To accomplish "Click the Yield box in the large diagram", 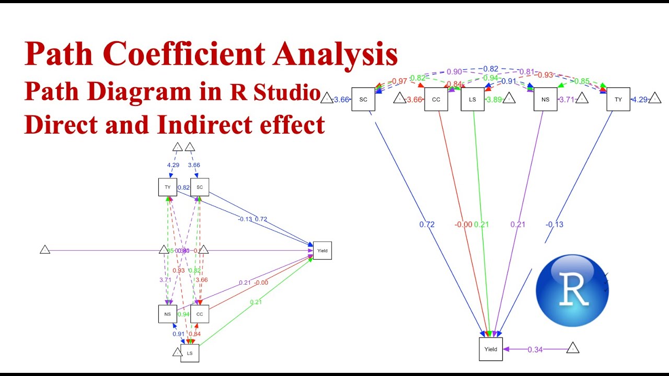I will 491,349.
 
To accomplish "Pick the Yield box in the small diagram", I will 322,251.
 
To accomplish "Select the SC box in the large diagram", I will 363,99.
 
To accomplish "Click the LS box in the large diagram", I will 472,99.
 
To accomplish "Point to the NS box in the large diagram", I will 545,99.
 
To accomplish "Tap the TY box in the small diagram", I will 167,187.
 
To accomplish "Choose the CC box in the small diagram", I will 199,314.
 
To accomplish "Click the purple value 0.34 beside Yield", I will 535,349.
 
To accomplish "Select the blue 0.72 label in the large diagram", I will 426,225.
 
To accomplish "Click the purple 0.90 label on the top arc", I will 454,72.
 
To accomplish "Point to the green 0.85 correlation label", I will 582,81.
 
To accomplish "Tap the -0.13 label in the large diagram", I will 555,225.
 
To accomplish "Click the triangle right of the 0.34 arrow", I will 573,348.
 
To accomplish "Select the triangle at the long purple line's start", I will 45,250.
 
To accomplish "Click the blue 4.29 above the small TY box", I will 173,165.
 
